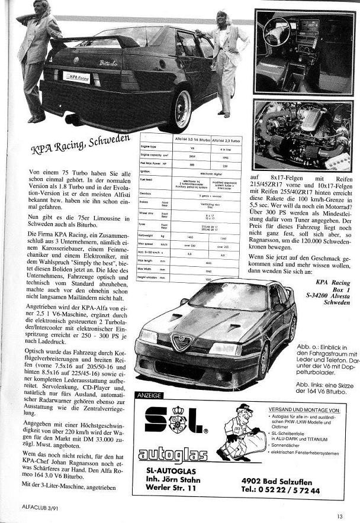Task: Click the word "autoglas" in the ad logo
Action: coord(173,455)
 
